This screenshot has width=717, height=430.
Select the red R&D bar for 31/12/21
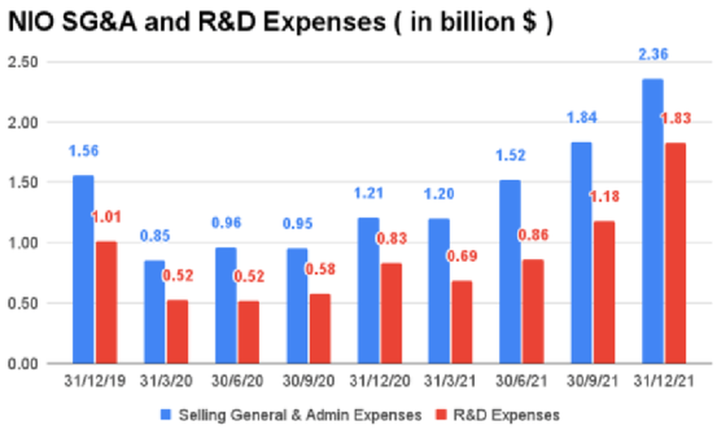point(675,253)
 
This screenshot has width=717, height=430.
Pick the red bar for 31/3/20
point(177,331)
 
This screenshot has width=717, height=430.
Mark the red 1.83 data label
point(675,118)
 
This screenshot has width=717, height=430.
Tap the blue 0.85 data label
point(155,236)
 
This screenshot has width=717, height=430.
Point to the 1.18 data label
point(603,197)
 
